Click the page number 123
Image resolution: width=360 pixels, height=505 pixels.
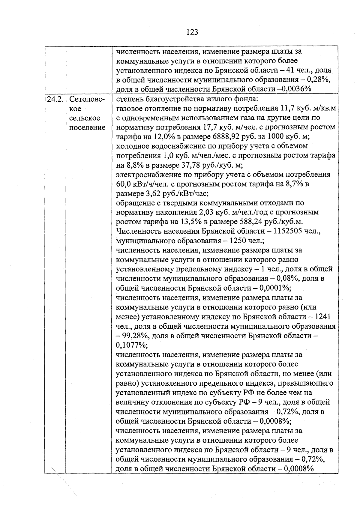point(192,32)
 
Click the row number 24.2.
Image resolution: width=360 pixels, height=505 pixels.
point(55,99)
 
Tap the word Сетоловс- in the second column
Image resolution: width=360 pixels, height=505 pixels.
point(87,99)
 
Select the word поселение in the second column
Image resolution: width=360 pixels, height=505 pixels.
point(87,127)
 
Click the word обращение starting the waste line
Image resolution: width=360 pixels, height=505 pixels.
point(133,203)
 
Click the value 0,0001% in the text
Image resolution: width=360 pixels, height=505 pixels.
point(275,288)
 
